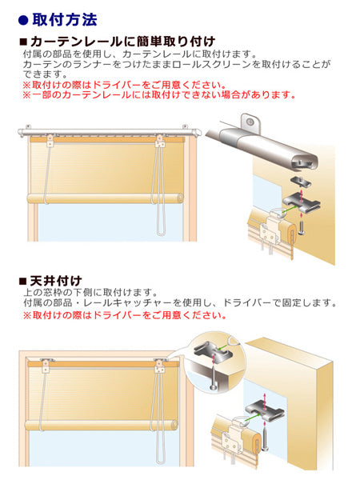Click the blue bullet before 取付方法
pos(23,20)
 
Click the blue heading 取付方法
pos(65,20)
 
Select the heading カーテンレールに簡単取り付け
pos(122,42)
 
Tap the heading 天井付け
pos(56,281)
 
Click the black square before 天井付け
pos(23,281)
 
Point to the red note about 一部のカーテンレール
pos(159,95)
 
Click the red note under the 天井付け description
pos(125,315)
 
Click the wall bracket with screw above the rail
pos(250,123)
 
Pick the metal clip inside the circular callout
pos(213,352)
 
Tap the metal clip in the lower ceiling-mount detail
pos(265,410)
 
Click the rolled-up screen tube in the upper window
pos(106,198)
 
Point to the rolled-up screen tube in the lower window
pos(102,426)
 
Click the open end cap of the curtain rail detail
pos(304,162)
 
